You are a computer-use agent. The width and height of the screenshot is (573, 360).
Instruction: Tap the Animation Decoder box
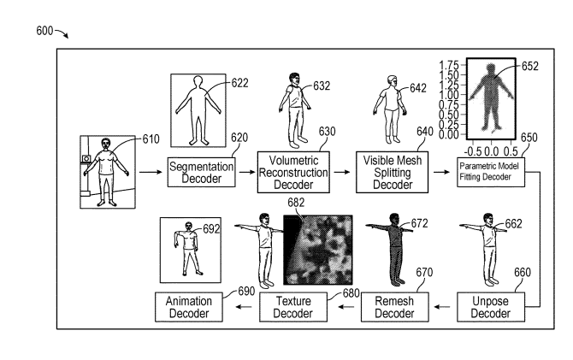(x=190, y=307)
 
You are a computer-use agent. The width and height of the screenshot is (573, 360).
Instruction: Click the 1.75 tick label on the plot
(x=450, y=65)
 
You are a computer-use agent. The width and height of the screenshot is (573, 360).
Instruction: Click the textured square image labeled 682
(x=317, y=250)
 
